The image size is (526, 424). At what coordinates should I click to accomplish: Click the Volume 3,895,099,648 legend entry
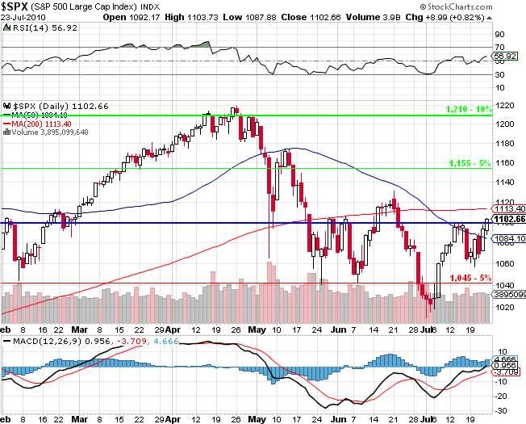click(x=50, y=131)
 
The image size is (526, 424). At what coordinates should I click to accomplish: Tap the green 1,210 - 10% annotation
click(x=469, y=108)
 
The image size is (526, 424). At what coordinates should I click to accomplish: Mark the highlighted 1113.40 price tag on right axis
click(x=512, y=208)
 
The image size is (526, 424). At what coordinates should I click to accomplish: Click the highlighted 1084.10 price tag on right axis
click(x=512, y=239)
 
